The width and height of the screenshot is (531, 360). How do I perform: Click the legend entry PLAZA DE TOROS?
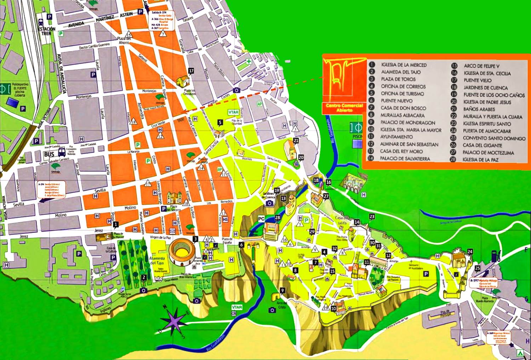(398, 79)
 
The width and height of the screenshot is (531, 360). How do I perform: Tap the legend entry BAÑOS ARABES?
(479, 109)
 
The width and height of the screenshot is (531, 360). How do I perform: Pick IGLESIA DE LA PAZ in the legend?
(480, 160)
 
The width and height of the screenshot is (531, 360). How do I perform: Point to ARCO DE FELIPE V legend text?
(481, 66)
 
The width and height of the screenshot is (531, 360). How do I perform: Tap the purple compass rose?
(173, 321)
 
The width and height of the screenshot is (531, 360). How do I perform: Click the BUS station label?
(49, 154)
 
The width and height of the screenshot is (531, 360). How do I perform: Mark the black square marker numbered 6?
(241, 245)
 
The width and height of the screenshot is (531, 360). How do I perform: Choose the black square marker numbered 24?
(470, 252)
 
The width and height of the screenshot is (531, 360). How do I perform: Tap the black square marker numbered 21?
(296, 141)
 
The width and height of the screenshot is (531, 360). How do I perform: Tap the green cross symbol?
(249, 62)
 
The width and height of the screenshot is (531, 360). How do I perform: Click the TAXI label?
(180, 120)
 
